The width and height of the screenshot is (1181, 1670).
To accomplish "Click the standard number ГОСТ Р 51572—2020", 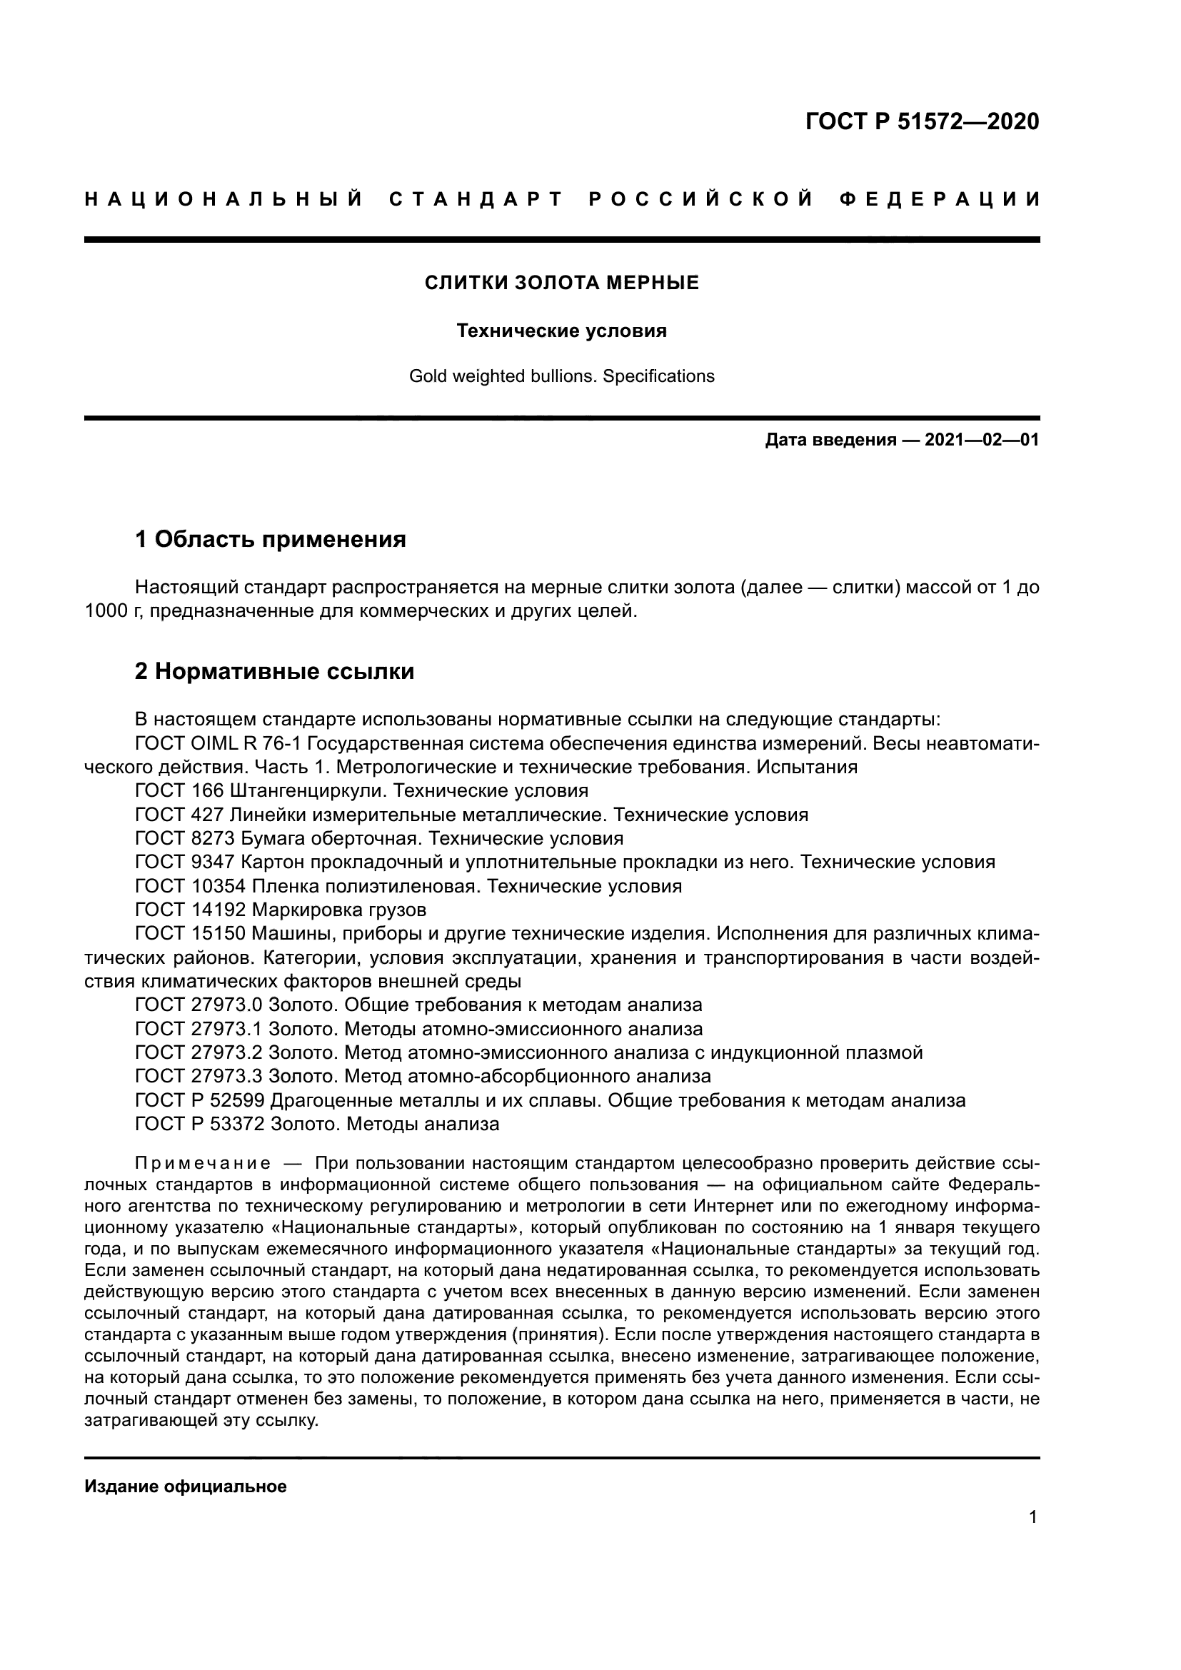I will click(x=922, y=121).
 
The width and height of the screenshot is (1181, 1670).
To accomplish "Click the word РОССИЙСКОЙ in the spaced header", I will click(x=700, y=199).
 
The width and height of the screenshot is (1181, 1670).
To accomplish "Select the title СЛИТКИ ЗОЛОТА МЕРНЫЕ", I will click(x=561, y=283).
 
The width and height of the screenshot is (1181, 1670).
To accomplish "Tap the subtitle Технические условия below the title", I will click(x=561, y=331).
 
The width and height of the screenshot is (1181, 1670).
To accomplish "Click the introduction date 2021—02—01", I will click(x=982, y=440).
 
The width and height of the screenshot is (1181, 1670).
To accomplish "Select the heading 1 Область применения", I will click(x=270, y=539).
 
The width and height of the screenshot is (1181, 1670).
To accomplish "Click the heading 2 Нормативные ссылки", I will click(x=274, y=670).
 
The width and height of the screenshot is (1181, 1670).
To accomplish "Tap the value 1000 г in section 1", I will click(x=108, y=611).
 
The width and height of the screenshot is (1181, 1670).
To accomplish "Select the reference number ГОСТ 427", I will click(x=179, y=815).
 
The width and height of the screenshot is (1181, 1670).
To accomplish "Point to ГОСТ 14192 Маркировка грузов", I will click(x=280, y=910).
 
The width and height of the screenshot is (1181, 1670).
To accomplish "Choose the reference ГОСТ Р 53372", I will click(x=199, y=1124).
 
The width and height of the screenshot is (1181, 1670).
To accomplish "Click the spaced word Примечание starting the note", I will click(x=203, y=1163).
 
